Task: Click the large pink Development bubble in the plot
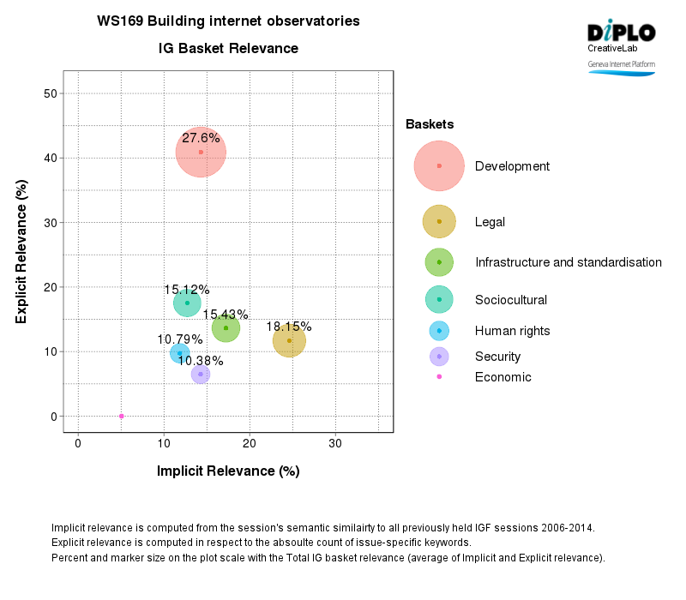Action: (201, 153)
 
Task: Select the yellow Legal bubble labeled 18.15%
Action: (289, 340)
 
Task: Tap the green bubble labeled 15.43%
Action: (226, 327)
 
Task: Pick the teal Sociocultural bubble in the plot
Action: (187, 303)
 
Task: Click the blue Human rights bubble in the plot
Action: (179, 352)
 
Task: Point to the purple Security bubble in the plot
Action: (201, 374)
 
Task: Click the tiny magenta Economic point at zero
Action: (121, 416)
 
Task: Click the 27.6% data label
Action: (201, 137)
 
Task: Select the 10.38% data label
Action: (200, 361)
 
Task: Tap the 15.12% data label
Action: (187, 290)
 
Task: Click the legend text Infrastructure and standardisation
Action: (568, 262)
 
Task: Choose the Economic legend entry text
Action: (502, 377)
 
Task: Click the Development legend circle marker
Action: (439, 165)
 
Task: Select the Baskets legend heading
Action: (430, 124)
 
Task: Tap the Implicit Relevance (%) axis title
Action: (227, 471)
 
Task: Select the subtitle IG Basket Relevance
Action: (228, 49)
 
